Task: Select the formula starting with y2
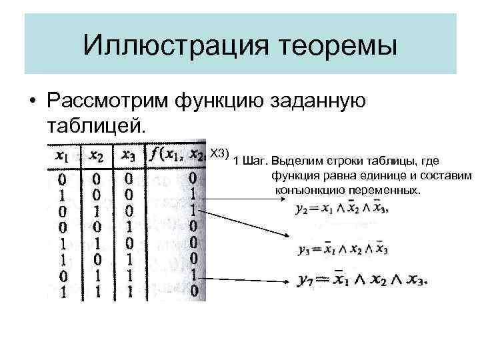[340, 208]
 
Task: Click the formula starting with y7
[361, 280]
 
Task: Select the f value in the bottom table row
[193, 291]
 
